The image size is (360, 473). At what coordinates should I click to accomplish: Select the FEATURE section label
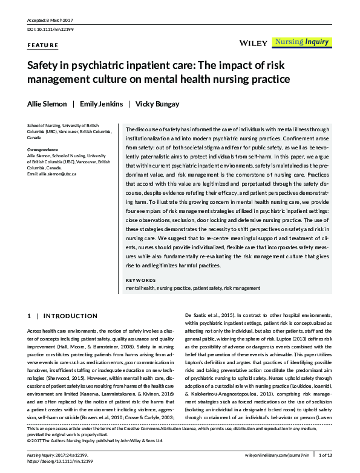click(x=43, y=45)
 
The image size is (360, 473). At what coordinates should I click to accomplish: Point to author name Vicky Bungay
click(x=157, y=104)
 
